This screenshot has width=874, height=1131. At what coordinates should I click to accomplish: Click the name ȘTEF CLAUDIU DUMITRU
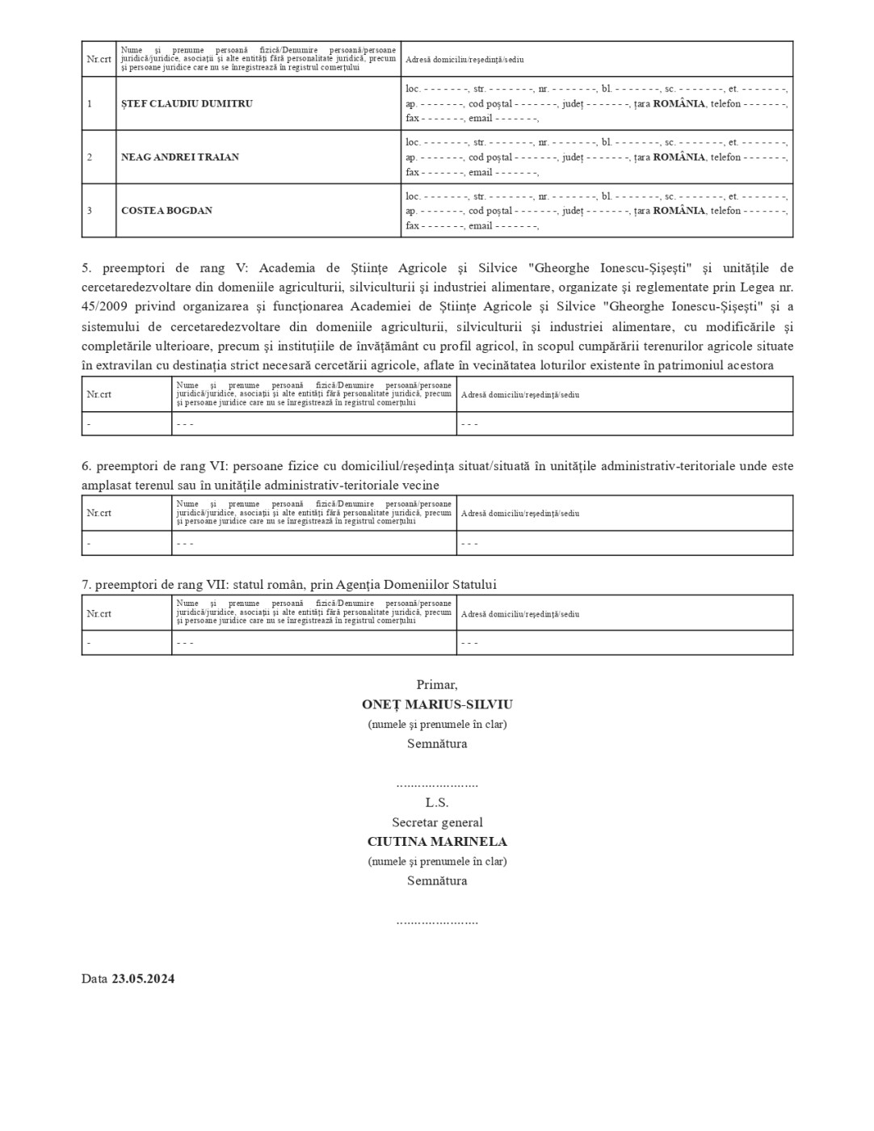175,104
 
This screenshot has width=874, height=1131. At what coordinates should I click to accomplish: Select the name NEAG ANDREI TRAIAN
180,158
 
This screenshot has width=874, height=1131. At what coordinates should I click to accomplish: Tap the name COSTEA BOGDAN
166,211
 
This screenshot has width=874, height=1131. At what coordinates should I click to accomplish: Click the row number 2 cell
90,158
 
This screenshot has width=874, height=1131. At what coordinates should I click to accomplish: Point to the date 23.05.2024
143,979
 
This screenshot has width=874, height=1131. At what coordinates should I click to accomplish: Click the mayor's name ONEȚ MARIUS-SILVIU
437,704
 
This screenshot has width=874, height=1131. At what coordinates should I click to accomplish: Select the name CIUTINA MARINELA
437,842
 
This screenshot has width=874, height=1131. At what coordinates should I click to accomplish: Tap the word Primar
437,685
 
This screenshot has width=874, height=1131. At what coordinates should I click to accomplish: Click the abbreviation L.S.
437,803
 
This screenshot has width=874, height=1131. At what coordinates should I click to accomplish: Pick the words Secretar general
437,822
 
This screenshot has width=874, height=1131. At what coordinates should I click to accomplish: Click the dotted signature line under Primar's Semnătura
437,784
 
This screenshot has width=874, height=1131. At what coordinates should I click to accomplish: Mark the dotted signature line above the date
437,921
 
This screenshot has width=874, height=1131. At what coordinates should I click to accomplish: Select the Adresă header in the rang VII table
520,614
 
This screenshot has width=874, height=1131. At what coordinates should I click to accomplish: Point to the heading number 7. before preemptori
86,585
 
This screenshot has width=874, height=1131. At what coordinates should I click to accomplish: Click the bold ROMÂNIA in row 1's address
679,104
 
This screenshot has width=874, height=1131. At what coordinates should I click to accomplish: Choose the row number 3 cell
90,211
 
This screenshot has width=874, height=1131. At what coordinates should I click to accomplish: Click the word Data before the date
94,979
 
